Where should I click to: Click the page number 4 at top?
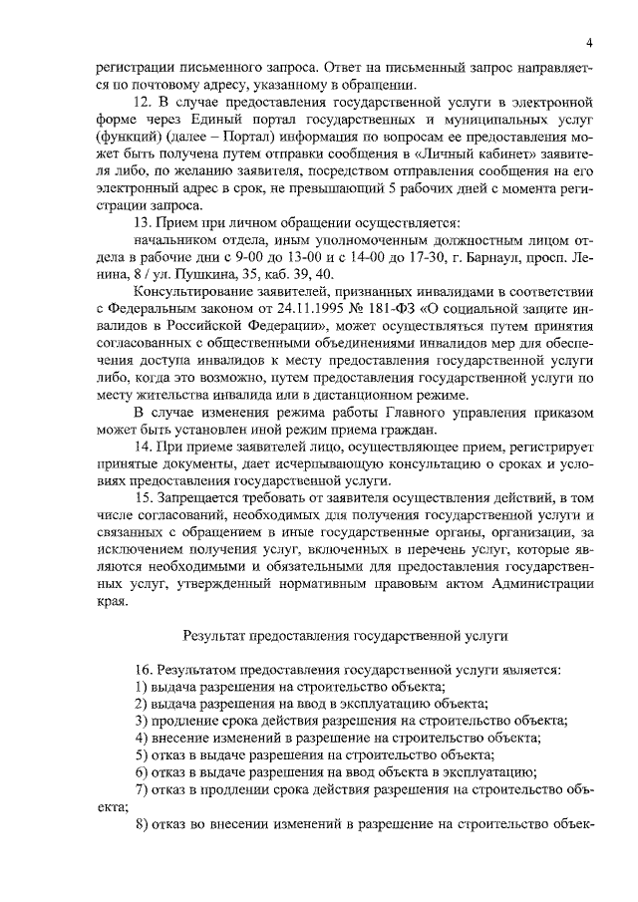(589, 43)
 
